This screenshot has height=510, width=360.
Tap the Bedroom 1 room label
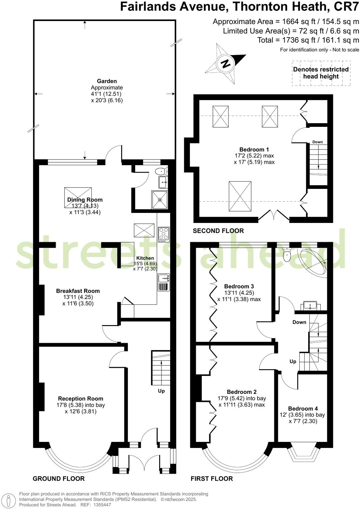pyautogui.click(x=254, y=150)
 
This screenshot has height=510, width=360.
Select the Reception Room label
pyautogui.click(x=80, y=399)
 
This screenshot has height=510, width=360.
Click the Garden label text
pyautogui.click(x=107, y=81)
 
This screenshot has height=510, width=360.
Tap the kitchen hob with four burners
pyautogui.click(x=163, y=234)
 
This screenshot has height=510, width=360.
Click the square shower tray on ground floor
pyautogui.click(x=160, y=200)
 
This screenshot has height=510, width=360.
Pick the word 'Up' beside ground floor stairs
pyautogui.click(x=161, y=391)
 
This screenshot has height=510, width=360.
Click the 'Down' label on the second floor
pyautogui.click(x=317, y=142)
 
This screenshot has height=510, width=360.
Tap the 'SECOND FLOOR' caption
pyautogui.click(x=218, y=231)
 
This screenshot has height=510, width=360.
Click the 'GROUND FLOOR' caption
pyautogui.click(x=59, y=479)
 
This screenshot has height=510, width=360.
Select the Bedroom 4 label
pyautogui.click(x=303, y=409)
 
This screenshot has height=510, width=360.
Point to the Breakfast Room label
pyautogui.click(x=78, y=291)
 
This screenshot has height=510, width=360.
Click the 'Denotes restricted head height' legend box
pyautogui.click(x=321, y=73)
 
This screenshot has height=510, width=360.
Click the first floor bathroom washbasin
pyautogui.click(x=312, y=305)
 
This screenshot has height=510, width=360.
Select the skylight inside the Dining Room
pyautogui.click(x=78, y=198)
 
